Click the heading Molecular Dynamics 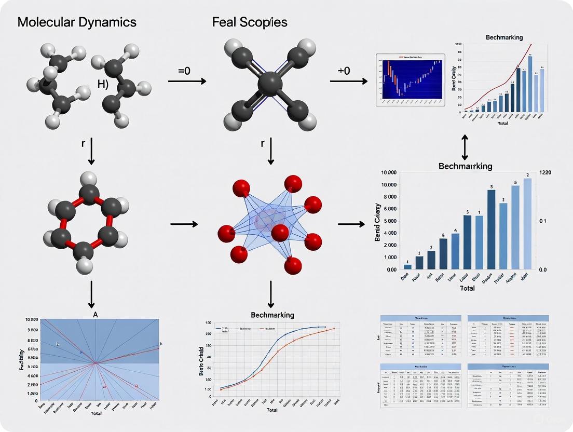77,22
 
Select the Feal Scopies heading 250,22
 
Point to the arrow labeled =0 187,80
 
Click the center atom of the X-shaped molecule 269,84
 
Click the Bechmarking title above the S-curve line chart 272,315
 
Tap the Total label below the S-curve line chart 272,410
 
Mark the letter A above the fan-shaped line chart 95,314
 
